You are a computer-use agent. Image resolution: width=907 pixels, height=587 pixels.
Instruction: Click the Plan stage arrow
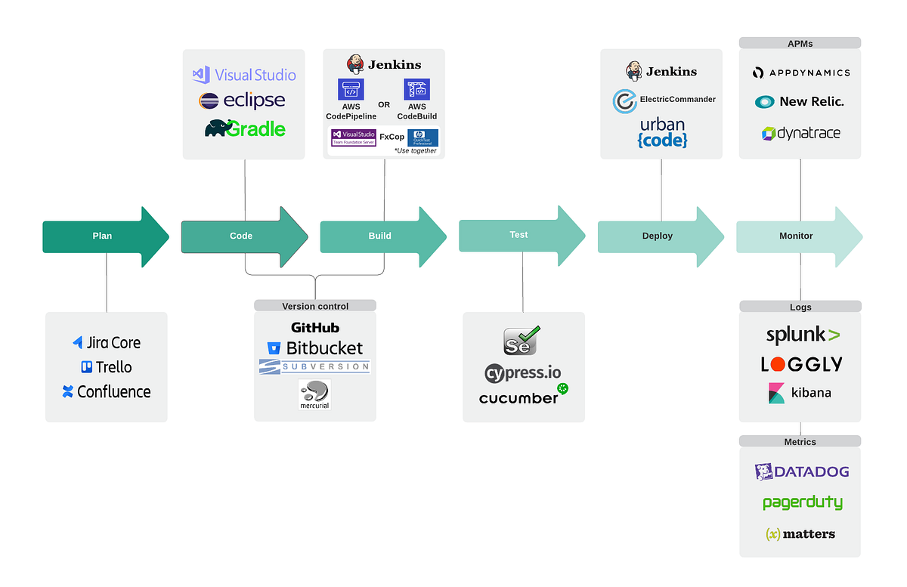[102, 236]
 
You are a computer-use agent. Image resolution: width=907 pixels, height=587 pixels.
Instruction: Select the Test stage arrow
[519, 235]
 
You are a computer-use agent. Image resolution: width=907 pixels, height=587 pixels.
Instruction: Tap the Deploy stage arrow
[657, 236]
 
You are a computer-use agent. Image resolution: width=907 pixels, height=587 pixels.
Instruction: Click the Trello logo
[106, 367]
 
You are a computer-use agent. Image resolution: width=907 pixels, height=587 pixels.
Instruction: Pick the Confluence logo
[106, 391]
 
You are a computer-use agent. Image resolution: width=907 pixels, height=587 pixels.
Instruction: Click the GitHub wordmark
[315, 328]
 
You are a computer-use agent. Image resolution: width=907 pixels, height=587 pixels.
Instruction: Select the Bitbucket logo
[315, 348]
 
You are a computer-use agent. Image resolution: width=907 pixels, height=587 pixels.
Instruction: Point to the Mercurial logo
[314, 394]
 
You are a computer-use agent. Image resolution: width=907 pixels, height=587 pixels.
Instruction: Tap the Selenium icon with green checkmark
[522, 341]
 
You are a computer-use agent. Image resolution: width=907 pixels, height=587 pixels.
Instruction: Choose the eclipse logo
[242, 100]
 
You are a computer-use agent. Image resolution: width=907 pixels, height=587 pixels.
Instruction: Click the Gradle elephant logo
[245, 128]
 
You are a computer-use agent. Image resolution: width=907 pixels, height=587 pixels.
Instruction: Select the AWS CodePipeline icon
[351, 89]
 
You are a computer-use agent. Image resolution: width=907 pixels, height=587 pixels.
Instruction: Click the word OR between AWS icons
[384, 104]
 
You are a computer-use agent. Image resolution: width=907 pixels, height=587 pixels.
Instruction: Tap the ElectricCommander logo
[664, 100]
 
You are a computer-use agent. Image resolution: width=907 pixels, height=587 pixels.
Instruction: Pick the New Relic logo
[800, 102]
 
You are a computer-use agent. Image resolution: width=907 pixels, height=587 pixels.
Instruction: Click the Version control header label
[315, 306]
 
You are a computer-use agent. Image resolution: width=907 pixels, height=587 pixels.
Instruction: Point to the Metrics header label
[800, 441]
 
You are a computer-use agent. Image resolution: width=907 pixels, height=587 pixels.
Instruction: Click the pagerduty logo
[802, 502]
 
